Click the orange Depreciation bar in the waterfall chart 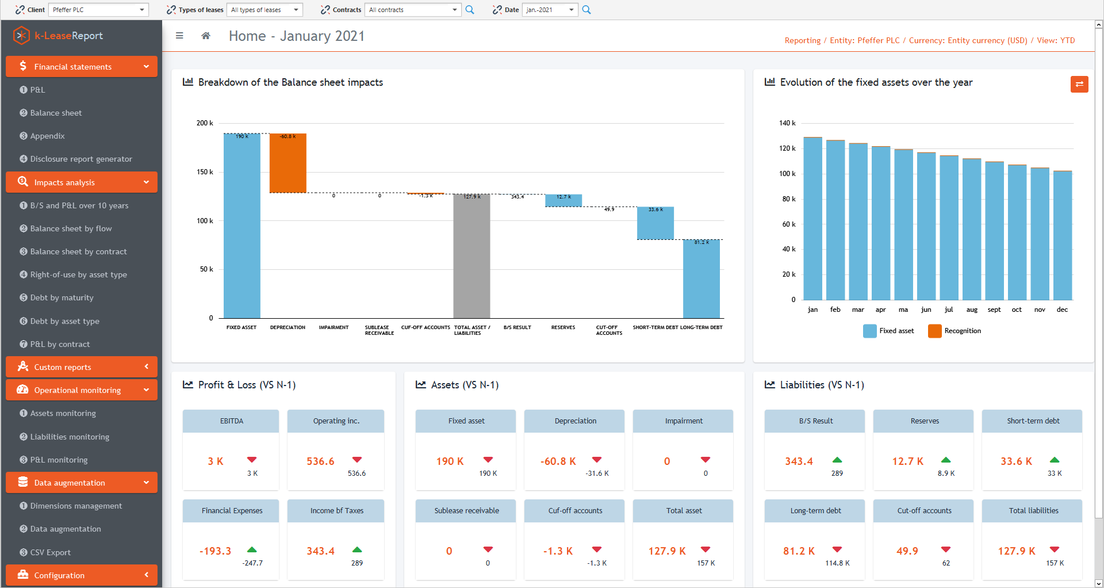(x=287, y=163)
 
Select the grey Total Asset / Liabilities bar (x=471, y=256)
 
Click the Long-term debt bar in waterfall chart (x=701, y=279)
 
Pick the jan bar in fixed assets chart (x=812, y=219)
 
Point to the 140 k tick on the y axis (x=787, y=123)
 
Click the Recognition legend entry (x=955, y=331)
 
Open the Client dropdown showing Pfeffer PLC (x=98, y=10)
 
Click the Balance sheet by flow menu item (x=71, y=228)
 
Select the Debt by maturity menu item (x=62, y=297)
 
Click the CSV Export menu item (x=50, y=552)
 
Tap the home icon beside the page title (x=206, y=36)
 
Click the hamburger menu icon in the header (x=179, y=36)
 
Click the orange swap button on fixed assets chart (x=1079, y=85)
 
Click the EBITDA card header (x=231, y=421)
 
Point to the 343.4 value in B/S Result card (x=799, y=461)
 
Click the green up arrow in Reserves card (x=945, y=460)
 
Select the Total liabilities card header (x=1033, y=511)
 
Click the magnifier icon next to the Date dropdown (x=586, y=10)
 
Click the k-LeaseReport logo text (x=68, y=36)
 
